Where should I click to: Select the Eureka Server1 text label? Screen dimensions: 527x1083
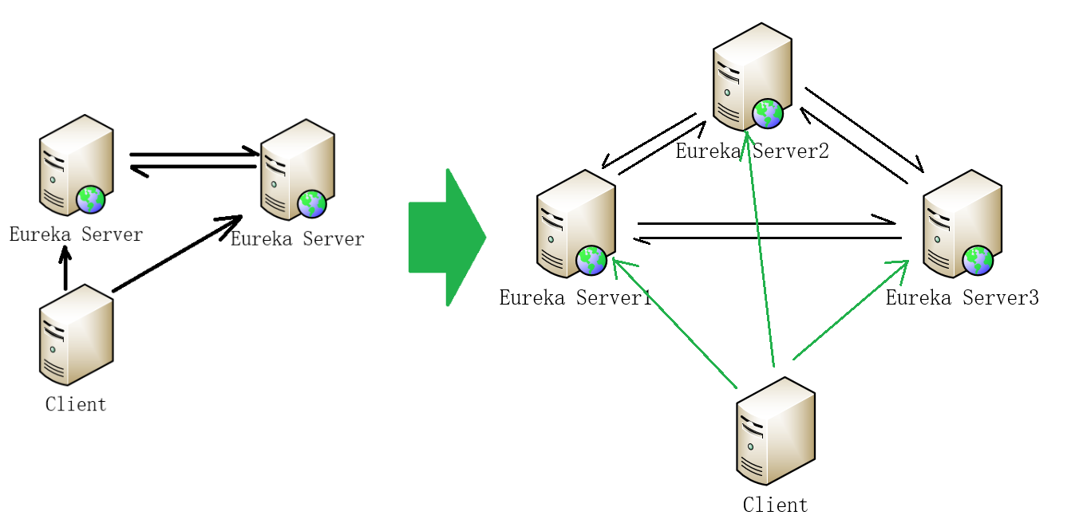pyautogui.click(x=575, y=298)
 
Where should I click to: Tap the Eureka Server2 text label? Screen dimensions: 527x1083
pyautogui.click(x=752, y=151)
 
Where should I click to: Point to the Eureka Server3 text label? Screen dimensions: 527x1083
pyautogui.click(x=962, y=298)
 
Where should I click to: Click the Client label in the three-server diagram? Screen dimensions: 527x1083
pyautogui.click(x=775, y=505)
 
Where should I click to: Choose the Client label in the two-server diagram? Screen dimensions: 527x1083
pyautogui.click(x=76, y=404)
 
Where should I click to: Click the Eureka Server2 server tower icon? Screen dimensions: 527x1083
pyautogui.click(x=751, y=75)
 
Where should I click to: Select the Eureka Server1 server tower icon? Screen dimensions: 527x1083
pyautogui.click(x=575, y=222)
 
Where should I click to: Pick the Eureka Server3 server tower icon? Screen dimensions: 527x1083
pyautogui.click(x=961, y=222)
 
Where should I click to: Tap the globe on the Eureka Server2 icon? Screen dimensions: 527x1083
pyautogui.click(x=768, y=114)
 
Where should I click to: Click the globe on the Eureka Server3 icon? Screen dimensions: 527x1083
pyautogui.click(x=978, y=261)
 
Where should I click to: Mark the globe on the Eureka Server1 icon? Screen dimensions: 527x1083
pyautogui.click(x=591, y=261)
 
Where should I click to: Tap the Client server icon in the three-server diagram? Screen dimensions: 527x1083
pyautogui.click(x=775, y=431)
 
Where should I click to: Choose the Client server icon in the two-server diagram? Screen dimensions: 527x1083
pyautogui.click(x=76, y=335)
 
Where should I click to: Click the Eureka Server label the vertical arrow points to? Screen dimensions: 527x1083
pyautogui.click(x=76, y=234)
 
